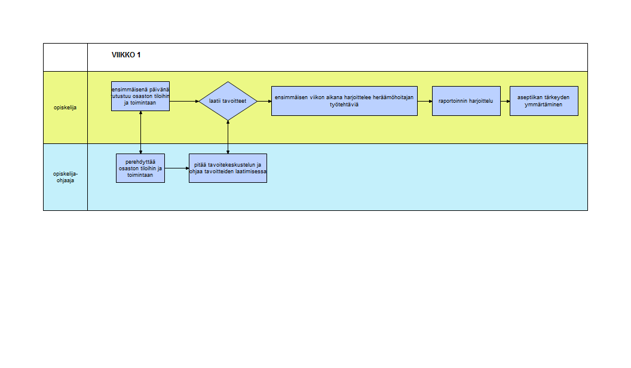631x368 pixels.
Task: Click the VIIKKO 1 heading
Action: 126,55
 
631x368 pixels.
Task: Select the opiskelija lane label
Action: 65,108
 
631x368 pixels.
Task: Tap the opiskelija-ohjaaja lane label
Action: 66,177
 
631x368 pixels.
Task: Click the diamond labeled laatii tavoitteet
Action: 228,101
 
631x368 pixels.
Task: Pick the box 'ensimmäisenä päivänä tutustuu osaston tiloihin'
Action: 140,96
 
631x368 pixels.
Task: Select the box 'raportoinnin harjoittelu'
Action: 467,101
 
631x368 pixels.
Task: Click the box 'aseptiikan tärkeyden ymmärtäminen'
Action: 544,101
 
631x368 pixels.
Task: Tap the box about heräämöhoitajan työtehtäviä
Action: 344,101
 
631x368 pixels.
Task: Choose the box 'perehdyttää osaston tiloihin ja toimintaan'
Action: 140,168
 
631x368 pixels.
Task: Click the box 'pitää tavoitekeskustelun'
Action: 228,168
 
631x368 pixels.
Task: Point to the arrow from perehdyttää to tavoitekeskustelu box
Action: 177,168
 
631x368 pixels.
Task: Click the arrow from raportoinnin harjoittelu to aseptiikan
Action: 506,102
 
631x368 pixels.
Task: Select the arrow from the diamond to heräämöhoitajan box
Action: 264,102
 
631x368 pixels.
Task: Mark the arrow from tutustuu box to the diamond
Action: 184,102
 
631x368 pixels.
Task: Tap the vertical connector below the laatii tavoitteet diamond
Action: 228,137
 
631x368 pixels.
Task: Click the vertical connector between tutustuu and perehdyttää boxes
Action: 141,132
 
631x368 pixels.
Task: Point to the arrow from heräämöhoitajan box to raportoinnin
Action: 425,102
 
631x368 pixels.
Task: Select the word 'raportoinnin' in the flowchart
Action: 452,101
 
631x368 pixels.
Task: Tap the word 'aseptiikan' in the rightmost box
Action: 529,97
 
